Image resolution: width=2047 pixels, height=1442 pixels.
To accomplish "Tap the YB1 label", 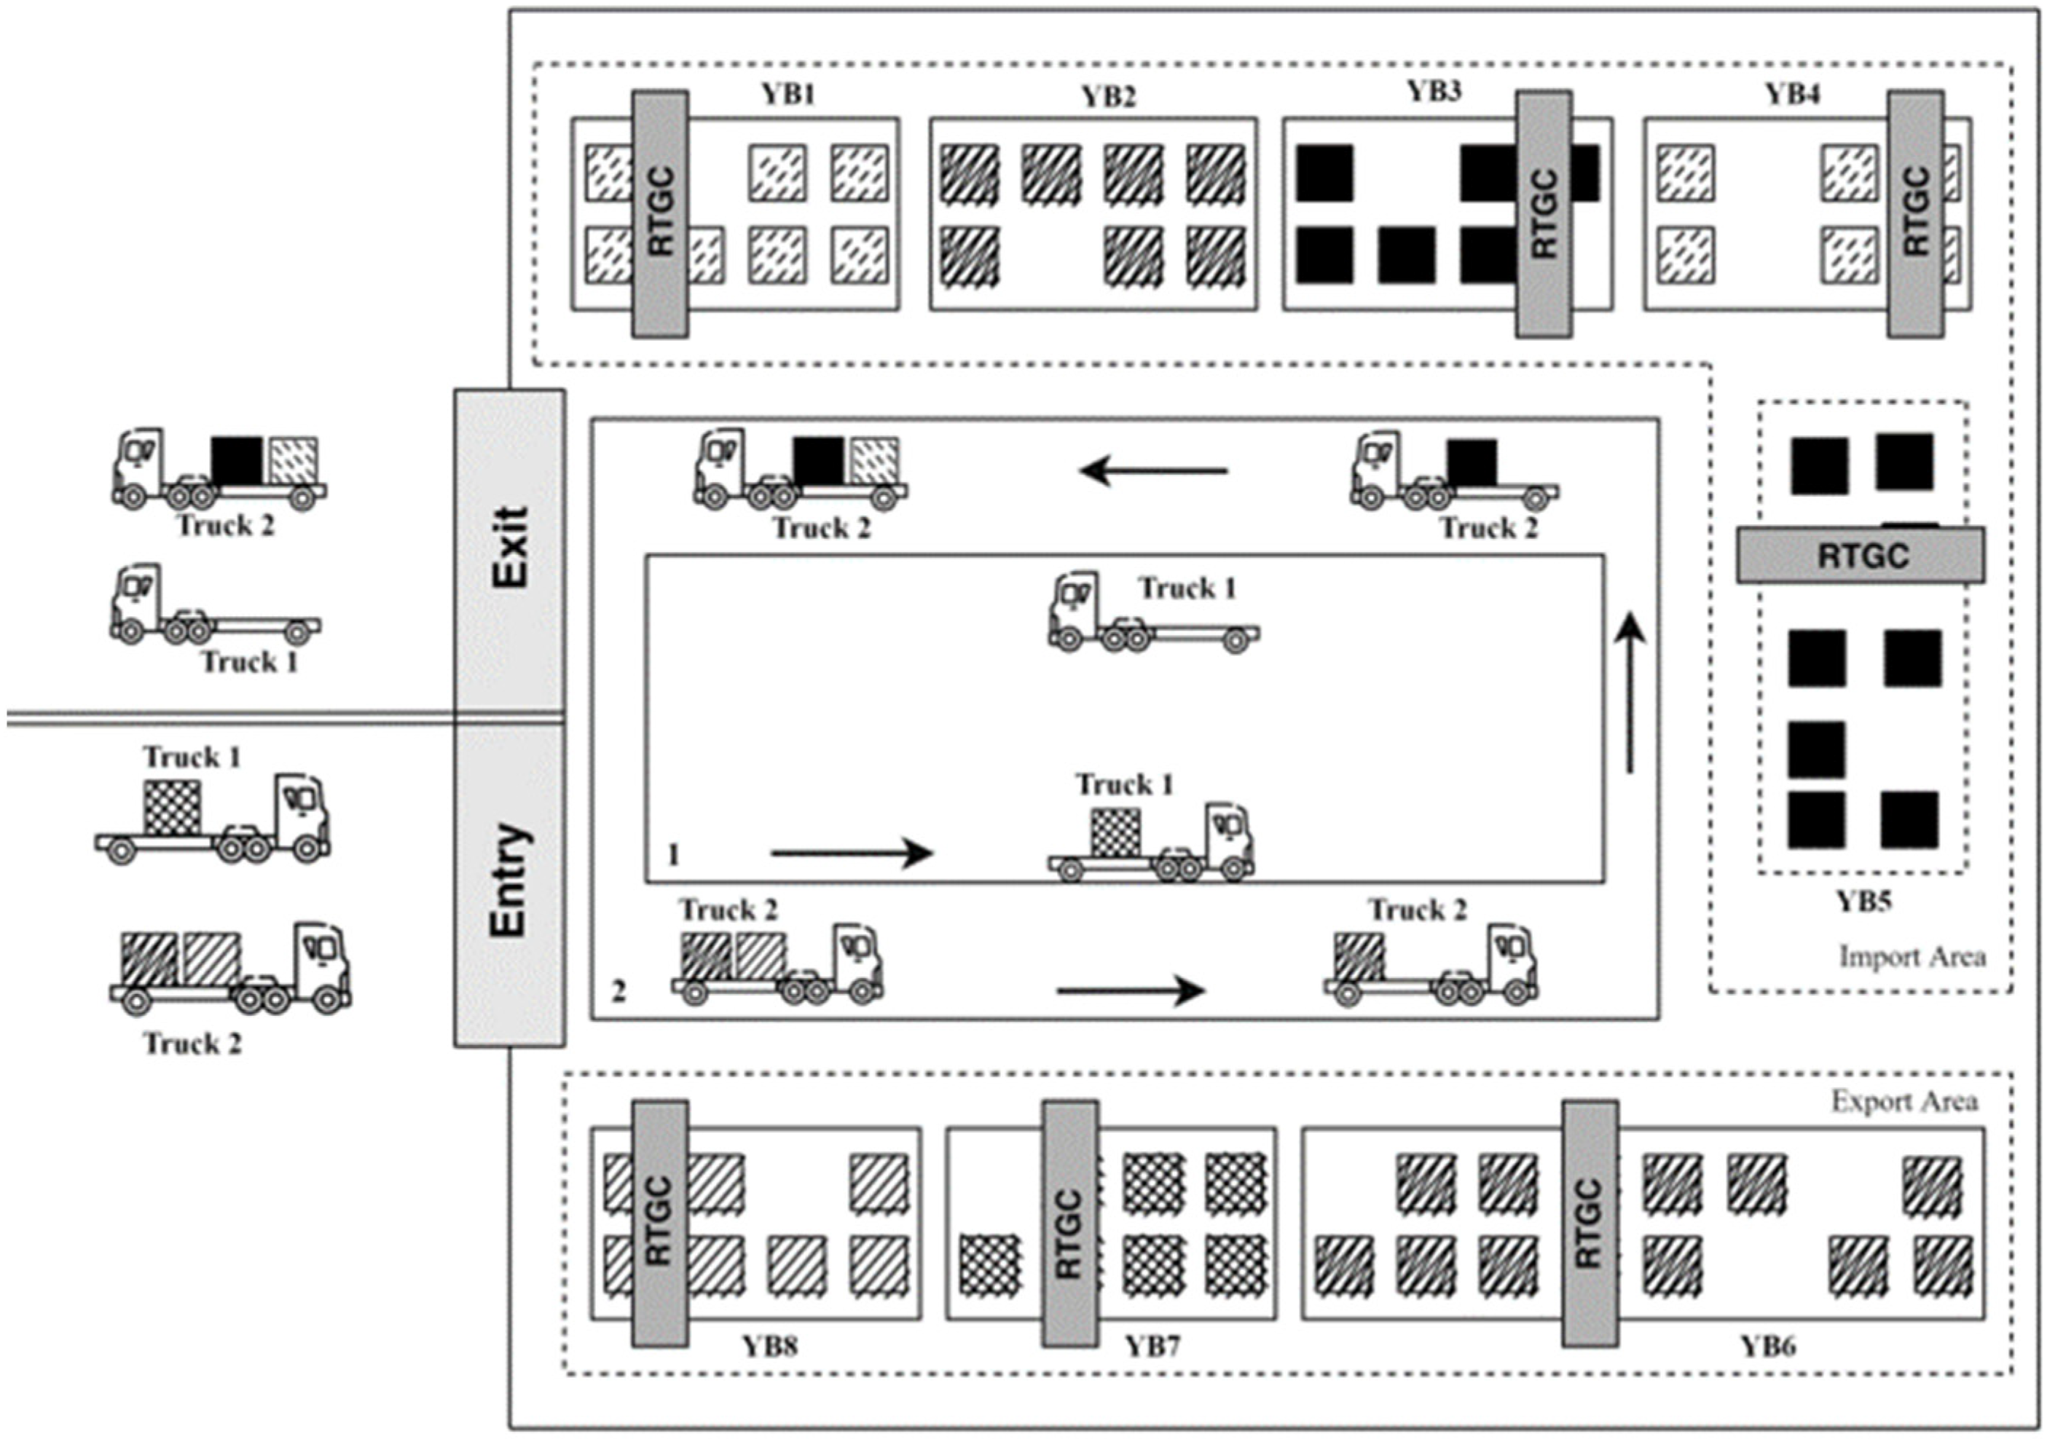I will point(788,95).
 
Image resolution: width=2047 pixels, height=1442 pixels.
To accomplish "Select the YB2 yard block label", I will point(1108,96).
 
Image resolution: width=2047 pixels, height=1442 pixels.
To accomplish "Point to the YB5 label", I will point(1863,902).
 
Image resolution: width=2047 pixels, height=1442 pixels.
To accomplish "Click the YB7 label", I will point(1152,1347).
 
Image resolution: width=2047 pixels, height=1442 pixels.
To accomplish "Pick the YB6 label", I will point(1769,1347).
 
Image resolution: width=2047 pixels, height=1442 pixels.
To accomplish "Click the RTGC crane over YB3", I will point(1544,214).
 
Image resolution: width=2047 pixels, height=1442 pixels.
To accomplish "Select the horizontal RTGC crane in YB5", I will point(1861,555).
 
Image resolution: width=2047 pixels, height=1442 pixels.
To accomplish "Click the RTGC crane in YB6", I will point(1589,1223).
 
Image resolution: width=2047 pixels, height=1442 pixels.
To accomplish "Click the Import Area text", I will point(1912,957).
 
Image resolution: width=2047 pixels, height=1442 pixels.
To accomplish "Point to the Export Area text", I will point(1904,1102).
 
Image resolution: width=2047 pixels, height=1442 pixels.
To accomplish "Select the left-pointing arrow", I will point(1154,470).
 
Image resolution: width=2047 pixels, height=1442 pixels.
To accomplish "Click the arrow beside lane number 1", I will point(852,853).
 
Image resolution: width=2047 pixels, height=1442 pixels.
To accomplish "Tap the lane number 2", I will point(618,991).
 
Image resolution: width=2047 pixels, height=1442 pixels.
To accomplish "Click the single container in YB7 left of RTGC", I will point(989,1264).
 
